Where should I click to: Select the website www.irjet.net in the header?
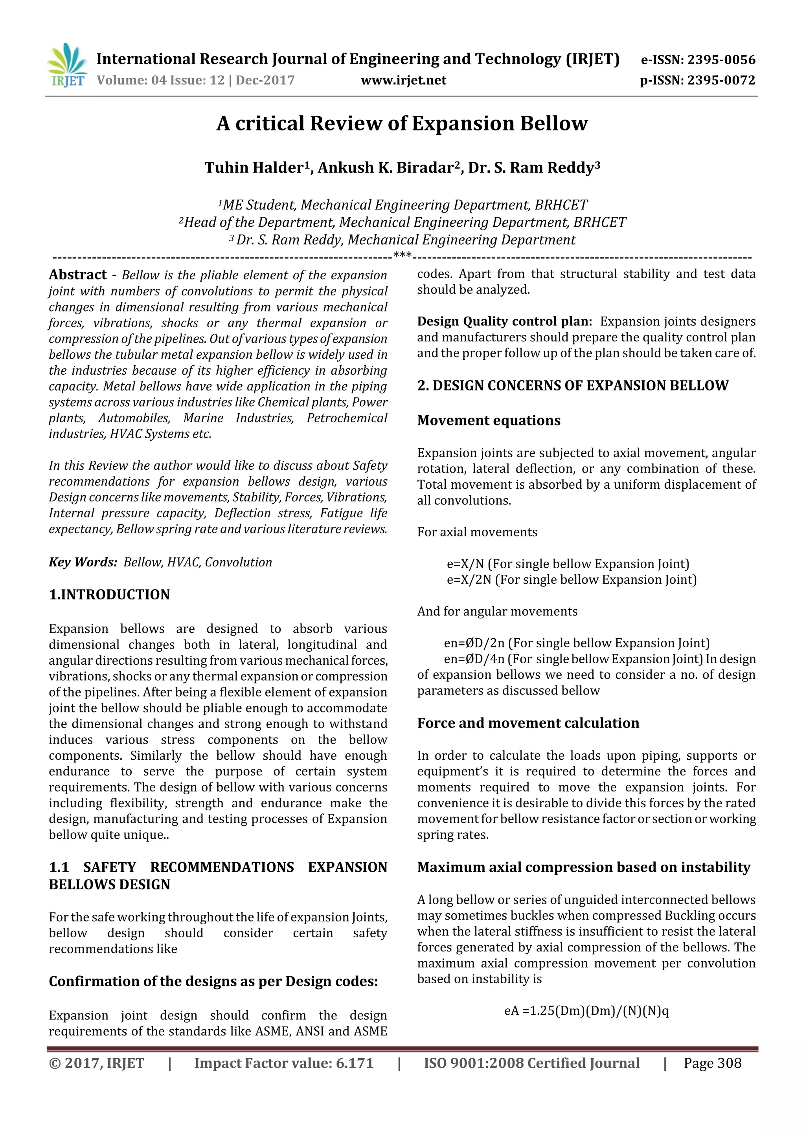[403, 80]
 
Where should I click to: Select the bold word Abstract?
[78, 275]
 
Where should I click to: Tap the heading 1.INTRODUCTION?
[109, 594]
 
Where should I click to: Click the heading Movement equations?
[489, 420]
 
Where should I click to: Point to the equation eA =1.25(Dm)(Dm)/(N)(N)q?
[586, 1011]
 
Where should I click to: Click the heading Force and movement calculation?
[528, 723]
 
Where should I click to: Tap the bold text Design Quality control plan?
[504, 321]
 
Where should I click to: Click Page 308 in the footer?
[712, 1063]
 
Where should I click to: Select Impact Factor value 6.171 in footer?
[284, 1063]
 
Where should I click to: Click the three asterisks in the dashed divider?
[402, 255]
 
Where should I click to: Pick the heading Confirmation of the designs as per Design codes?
[213, 981]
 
